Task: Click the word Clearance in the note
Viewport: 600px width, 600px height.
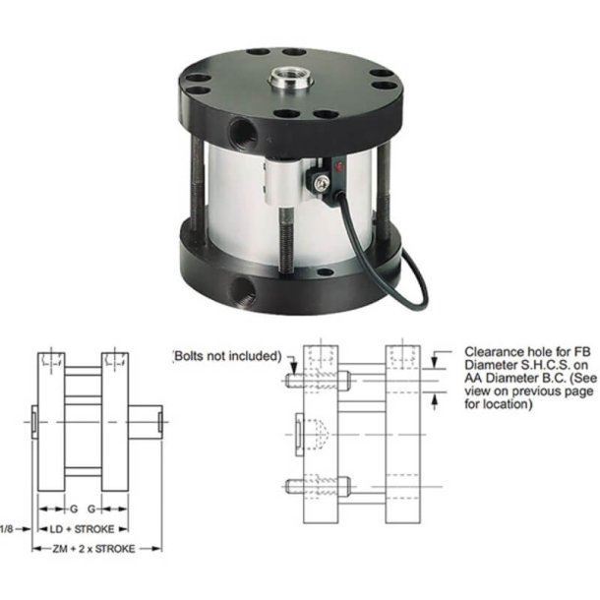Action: tap(489, 350)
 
